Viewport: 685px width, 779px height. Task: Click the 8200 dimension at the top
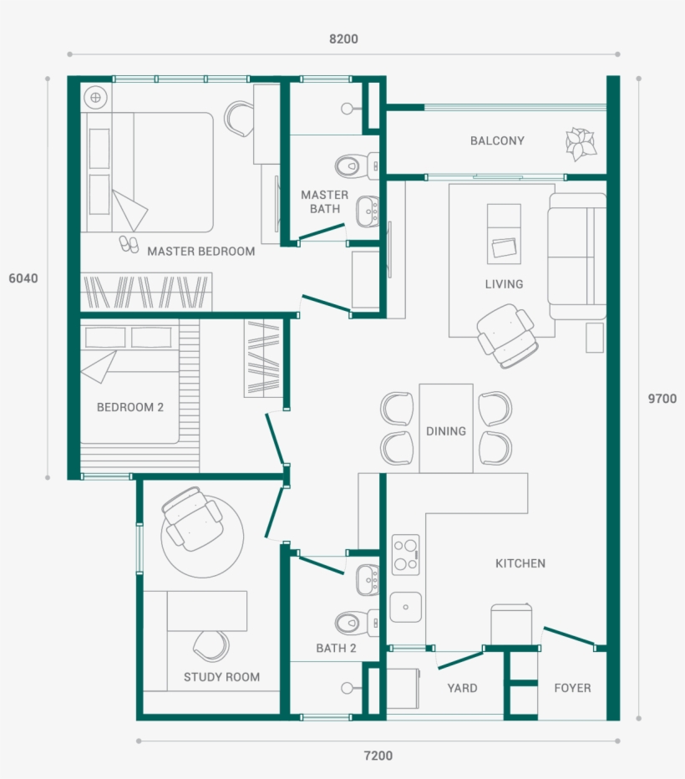pyautogui.click(x=343, y=39)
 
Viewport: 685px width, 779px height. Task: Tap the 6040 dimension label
pyautogui.click(x=23, y=278)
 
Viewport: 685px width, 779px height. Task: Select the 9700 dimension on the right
pyautogui.click(x=662, y=399)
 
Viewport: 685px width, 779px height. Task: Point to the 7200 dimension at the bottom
pyautogui.click(x=378, y=756)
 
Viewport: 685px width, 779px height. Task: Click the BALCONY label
pyautogui.click(x=497, y=141)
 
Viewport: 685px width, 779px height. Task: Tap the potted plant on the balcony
pyautogui.click(x=581, y=144)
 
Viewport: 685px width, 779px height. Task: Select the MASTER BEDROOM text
pyautogui.click(x=200, y=251)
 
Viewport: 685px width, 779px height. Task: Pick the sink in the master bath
pyautogui.click(x=366, y=211)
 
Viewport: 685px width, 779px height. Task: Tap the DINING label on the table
pyautogui.click(x=446, y=431)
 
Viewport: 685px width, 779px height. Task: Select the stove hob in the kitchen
pyautogui.click(x=406, y=554)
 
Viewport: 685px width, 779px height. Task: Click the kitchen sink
pyautogui.click(x=406, y=607)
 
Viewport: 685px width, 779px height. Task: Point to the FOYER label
pyautogui.click(x=572, y=688)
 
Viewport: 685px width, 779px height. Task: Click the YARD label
pyautogui.click(x=462, y=688)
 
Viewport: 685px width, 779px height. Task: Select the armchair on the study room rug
pyautogui.click(x=193, y=519)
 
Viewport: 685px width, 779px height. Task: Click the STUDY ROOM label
pyautogui.click(x=221, y=677)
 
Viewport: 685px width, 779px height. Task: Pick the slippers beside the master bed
pyautogui.click(x=129, y=243)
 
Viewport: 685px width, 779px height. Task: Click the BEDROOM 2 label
pyautogui.click(x=130, y=408)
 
